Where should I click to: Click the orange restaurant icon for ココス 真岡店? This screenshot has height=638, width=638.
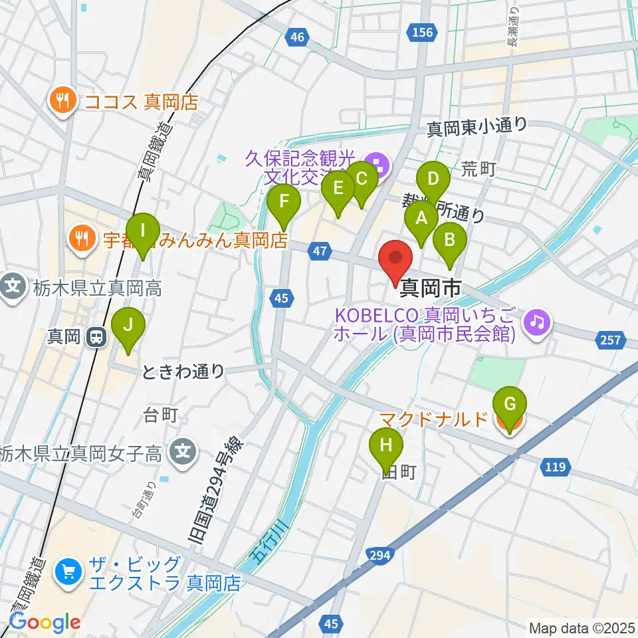[63, 101]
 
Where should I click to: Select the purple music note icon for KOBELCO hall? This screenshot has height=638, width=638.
[537, 322]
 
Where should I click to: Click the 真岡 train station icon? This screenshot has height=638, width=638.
[97, 337]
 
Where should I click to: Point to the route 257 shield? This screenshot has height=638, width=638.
[610, 340]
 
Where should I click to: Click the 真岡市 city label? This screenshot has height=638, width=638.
[430, 288]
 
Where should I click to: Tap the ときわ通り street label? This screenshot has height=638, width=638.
[183, 372]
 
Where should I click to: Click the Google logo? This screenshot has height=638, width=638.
[45, 622]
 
